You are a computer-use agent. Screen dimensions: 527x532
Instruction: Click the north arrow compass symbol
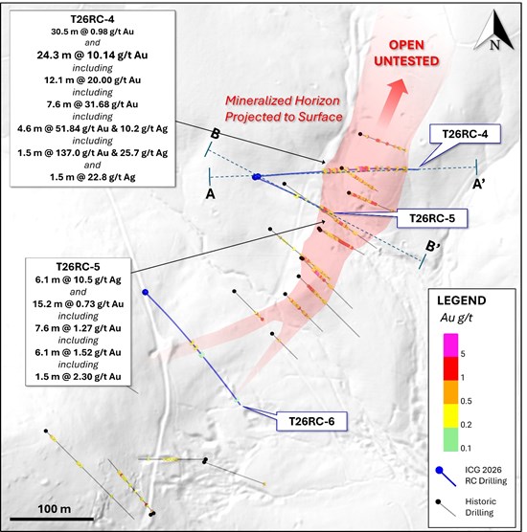pos(493,32)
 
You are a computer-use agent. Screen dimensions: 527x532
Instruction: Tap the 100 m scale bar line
pos(52,519)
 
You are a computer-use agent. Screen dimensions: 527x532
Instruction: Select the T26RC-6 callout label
pos(311,421)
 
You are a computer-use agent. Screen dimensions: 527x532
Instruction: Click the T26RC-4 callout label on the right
pos(465,134)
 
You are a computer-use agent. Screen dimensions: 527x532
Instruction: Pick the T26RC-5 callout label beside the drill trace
pos(432,218)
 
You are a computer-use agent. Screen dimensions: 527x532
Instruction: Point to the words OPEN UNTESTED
pos(406,53)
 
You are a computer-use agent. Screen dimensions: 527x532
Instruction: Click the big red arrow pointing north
pos(392,101)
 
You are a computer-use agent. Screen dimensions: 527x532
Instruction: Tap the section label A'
pos(479,185)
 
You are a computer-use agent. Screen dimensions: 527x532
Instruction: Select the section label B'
pos(432,246)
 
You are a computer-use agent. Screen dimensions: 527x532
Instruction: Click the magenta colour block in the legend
pos(450,345)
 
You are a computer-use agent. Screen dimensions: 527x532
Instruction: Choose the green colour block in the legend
pos(450,439)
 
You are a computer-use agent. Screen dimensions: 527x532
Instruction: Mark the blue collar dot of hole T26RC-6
pos(146,292)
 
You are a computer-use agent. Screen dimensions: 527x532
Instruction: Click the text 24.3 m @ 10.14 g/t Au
pos(92,55)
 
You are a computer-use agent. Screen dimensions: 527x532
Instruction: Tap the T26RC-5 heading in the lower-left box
pos(79,267)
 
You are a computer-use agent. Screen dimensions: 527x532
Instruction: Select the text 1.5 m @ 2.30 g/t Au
pos(79,377)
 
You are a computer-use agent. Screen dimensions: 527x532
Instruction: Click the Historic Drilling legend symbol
pos(447,508)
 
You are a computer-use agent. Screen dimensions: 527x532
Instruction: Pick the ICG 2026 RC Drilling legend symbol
pos(447,477)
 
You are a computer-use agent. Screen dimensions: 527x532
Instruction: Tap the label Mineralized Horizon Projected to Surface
pos(284,108)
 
